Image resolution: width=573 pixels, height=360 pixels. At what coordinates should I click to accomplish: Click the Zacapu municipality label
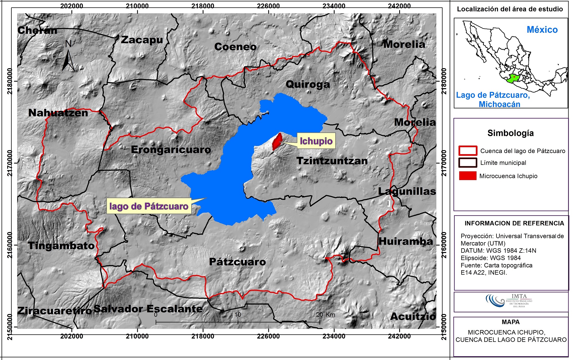click(x=142, y=40)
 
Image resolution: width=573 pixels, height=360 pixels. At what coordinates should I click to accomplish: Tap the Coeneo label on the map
click(x=235, y=47)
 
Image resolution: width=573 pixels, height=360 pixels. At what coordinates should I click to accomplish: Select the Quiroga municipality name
click(x=308, y=84)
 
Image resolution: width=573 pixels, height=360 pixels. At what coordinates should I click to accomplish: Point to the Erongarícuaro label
click(x=171, y=150)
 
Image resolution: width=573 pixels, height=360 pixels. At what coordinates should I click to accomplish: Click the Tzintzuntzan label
click(x=332, y=161)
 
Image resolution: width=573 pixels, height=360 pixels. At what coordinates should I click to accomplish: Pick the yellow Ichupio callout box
click(x=316, y=141)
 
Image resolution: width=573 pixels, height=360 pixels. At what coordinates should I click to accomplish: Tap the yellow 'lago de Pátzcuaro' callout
click(x=149, y=206)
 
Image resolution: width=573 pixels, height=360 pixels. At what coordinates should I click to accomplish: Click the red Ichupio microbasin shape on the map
click(x=277, y=141)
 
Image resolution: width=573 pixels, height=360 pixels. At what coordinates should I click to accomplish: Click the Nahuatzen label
click(x=58, y=113)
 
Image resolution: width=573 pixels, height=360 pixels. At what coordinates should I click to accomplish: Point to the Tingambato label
click(x=61, y=246)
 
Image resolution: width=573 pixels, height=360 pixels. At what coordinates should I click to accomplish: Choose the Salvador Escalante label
click(x=148, y=309)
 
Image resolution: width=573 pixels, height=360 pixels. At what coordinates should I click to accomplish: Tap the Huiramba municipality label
click(x=406, y=241)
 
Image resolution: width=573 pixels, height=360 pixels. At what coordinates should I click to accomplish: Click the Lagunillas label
click(x=407, y=191)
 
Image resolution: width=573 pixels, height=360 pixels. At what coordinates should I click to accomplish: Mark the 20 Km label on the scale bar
click(x=325, y=315)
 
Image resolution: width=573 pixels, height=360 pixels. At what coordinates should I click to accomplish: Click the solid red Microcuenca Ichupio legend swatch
click(x=468, y=176)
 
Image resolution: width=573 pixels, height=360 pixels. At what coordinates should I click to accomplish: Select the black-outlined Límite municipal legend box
click(x=468, y=163)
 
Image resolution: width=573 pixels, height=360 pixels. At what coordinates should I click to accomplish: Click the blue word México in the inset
click(x=542, y=30)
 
